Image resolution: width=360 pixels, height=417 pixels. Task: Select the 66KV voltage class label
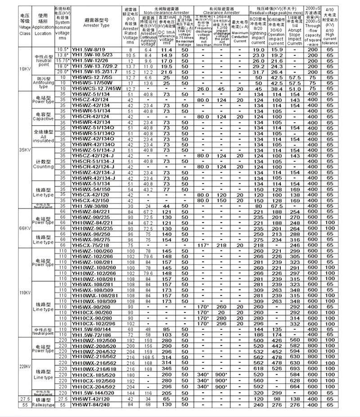point(25,227)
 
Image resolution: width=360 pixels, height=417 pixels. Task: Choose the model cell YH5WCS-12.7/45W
point(96,89)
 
